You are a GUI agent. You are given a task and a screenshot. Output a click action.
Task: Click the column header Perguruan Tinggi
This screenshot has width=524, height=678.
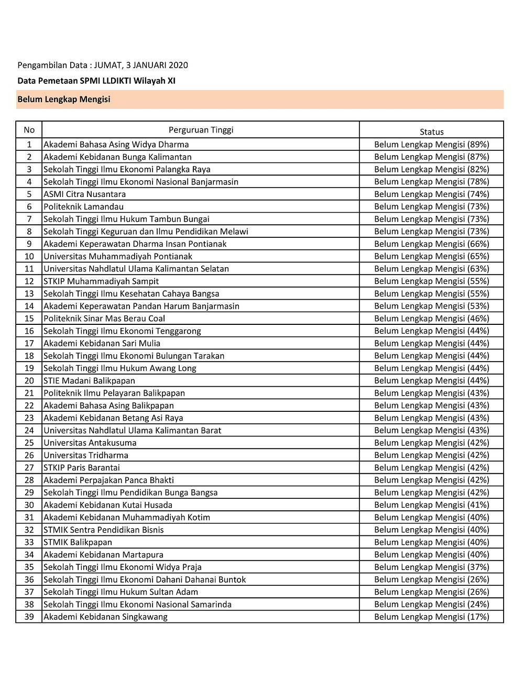pyautogui.click(x=201, y=130)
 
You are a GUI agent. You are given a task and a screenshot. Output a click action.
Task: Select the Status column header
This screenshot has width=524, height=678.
pyautogui.click(x=431, y=132)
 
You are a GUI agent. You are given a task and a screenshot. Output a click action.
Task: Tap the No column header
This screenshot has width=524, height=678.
pyautogui.click(x=29, y=130)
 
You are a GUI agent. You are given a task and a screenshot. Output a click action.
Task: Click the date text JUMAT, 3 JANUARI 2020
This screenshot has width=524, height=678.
pyautogui.click(x=141, y=65)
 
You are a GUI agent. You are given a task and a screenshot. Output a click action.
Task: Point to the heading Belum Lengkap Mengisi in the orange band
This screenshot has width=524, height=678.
pyautogui.click(x=64, y=99)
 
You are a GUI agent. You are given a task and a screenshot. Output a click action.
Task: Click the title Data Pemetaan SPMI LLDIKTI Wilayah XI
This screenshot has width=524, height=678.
pyautogui.click(x=96, y=81)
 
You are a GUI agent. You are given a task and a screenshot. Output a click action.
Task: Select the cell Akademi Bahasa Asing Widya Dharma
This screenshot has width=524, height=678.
pyautogui.click(x=116, y=144)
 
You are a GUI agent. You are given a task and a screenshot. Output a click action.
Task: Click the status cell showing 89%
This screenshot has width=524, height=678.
pyautogui.click(x=431, y=144)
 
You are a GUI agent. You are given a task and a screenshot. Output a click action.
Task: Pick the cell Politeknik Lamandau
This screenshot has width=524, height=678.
pyautogui.click(x=84, y=206)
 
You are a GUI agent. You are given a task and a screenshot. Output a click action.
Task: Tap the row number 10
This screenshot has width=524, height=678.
pyautogui.click(x=29, y=256)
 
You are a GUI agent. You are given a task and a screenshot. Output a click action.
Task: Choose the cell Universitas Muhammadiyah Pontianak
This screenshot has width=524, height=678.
pyautogui.click(x=118, y=256)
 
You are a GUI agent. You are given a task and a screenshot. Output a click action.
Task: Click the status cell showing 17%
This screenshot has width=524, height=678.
pyautogui.click(x=431, y=617)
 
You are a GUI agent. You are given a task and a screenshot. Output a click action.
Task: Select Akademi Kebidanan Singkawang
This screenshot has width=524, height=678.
pyautogui.click(x=106, y=617)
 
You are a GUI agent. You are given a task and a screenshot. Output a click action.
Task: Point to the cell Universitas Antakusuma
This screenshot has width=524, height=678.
pyautogui.click(x=90, y=443)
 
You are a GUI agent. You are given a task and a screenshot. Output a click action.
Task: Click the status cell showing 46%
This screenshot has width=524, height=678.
pyautogui.click(x=431, y=319)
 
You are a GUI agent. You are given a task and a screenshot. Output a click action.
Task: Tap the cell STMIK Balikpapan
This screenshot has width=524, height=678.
pyautogui.click(x=78, y=542)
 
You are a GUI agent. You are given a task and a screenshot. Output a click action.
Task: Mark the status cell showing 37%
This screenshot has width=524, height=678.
pyautogui.click(x=431, y=567)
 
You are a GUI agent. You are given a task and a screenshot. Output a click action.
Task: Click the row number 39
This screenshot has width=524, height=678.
pyautogui.click(x=29, y=617)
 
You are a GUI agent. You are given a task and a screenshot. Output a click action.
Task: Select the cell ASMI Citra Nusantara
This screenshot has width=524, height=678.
pyautogui.click(x=85, y=194)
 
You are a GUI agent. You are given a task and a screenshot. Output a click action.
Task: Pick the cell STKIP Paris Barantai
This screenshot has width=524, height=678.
pyautogui.click(x=82, y=467)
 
